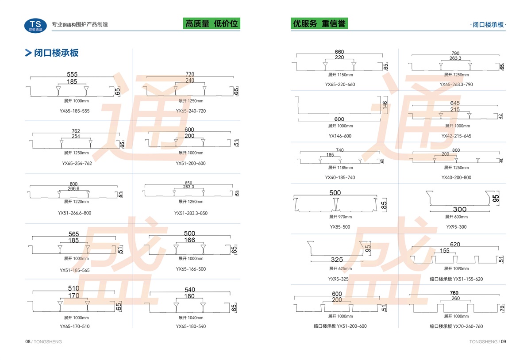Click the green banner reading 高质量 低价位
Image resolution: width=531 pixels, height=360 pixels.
tap(211, 23)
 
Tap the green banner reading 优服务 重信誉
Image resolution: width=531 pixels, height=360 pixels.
tap(319, 23)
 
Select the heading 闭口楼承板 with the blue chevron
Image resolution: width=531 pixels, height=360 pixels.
tap(52, 53)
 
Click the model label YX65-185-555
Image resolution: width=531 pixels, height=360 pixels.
tap(74, 111)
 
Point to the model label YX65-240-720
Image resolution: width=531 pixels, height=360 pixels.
tap(191, 111)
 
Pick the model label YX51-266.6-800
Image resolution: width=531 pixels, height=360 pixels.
tap(74, 213)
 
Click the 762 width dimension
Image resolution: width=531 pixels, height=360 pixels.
tap(76, 131)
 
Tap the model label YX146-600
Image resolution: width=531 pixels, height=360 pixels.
tap(340, 136)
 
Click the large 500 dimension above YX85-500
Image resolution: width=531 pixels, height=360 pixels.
tap(335, 193)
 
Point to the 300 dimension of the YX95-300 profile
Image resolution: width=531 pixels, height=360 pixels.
tap(453, 209)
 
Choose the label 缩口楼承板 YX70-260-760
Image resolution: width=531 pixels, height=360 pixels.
tap(456, 326)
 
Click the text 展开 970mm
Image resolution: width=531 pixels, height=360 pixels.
tap(340, 217)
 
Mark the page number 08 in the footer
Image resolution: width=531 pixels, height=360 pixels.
tap(27, 341)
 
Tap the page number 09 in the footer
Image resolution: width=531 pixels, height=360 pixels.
tap(503, 341)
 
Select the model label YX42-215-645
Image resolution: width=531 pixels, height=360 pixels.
tap(456, 136)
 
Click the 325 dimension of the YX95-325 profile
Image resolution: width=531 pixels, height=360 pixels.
tap(336, 260)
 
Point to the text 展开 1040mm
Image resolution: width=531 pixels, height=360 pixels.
tap(191, 318)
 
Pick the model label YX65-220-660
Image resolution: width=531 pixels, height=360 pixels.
tap(340, 84)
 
